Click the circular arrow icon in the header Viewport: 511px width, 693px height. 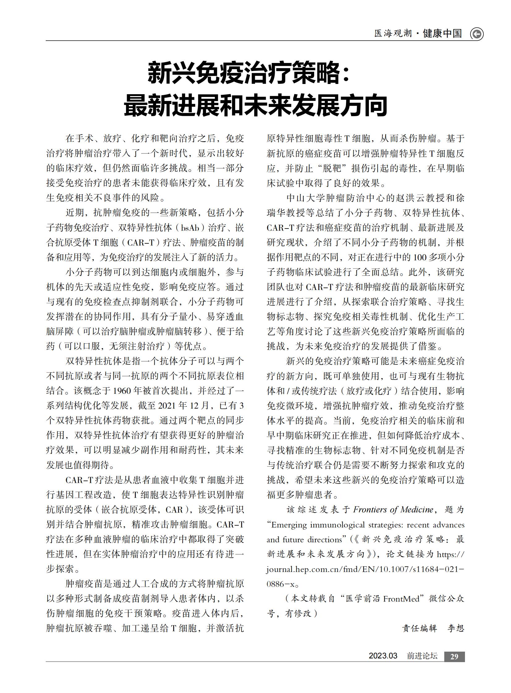tap(476, 34)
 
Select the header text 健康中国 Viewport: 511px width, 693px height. tap(442, 33)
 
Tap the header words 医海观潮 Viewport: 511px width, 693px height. tap(393, 33)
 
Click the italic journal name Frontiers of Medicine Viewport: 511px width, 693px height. tap(393, 510)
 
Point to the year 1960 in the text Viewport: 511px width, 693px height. tap(122, 391)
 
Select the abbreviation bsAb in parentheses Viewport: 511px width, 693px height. tap(190, 228)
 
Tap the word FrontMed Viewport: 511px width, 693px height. tap(401, 599)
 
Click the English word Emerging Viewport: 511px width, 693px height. tap(289, 525)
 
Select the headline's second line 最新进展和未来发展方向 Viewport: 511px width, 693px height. tap(255, 105)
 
